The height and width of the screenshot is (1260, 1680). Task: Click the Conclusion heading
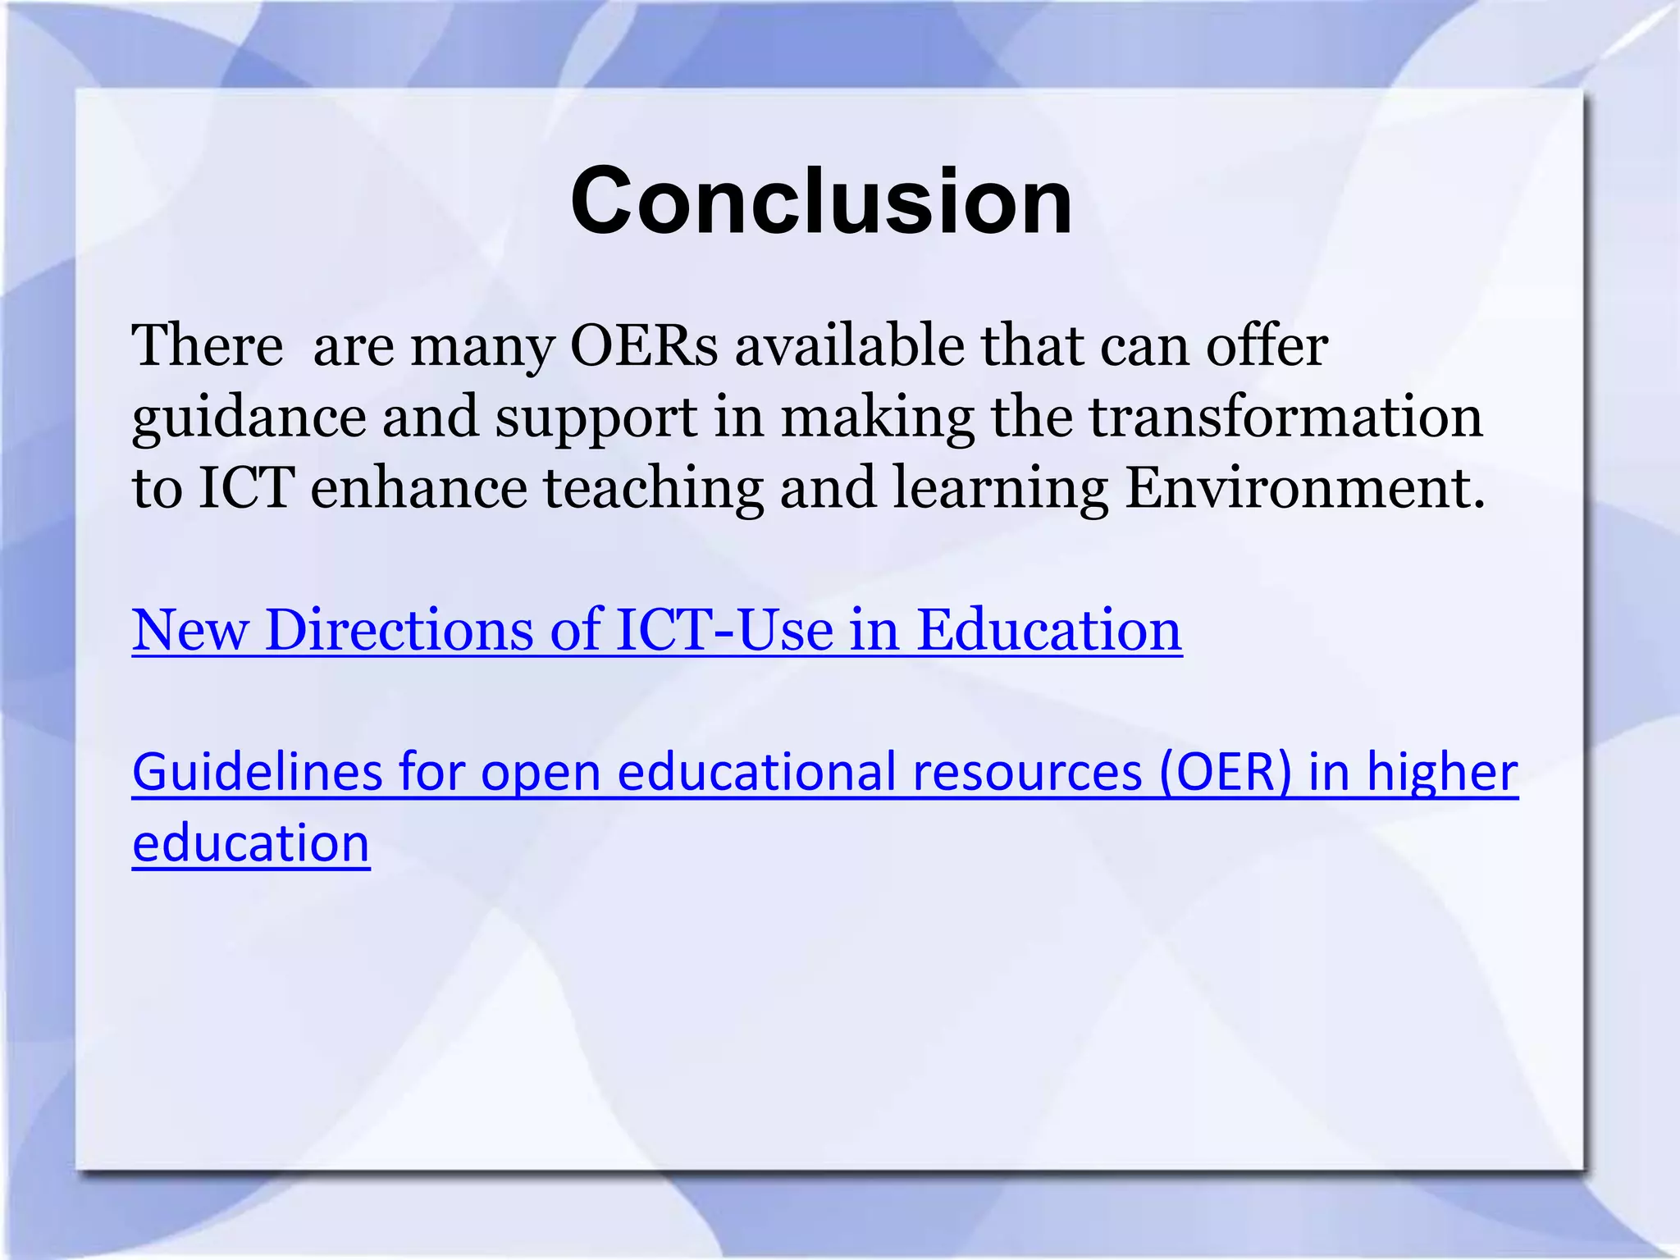click(x=821, y=201)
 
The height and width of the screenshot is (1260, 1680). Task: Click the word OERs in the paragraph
click(x=644, y=345)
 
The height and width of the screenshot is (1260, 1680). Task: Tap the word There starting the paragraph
click(x=208, y=345)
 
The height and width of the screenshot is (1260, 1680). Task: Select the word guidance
click(x=249, y=418)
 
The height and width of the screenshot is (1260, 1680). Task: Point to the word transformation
click(x=1285, y=416)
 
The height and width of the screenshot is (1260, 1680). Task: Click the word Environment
click(x=1304, y=487)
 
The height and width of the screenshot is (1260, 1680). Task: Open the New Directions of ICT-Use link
click(x=656, y=630)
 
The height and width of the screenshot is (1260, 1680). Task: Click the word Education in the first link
click(x=1048, y=630)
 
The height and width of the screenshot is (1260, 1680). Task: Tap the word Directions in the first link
click(x=399, y=630)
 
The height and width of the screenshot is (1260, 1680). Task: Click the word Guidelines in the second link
click(x=257, y=773)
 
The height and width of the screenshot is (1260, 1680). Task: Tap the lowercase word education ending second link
click(x=251, y=843)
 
